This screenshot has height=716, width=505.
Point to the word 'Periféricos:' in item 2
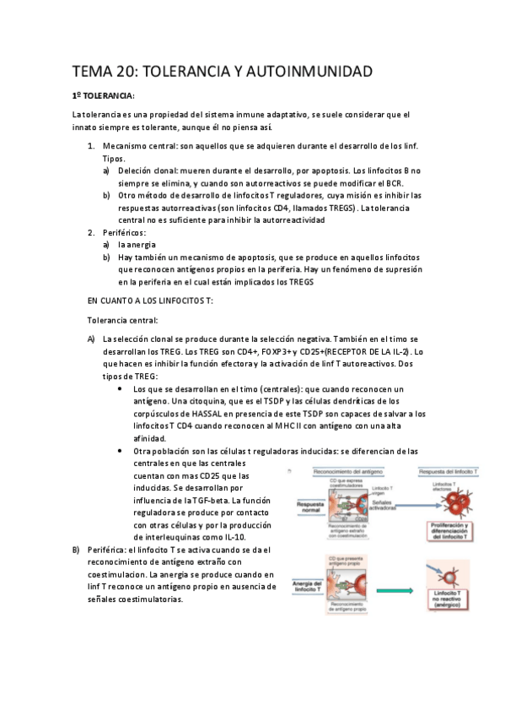(x=124, y=232)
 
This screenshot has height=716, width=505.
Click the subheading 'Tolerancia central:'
(x=122, y=320)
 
